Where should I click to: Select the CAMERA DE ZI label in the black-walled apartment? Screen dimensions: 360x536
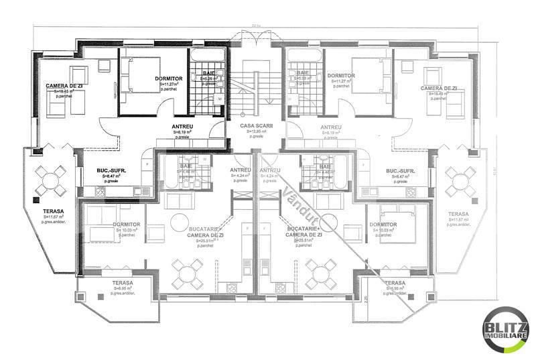pos(65,86)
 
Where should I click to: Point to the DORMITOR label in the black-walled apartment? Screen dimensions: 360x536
pos(169,78)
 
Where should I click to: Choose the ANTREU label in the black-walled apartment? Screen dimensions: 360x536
pos(182,126)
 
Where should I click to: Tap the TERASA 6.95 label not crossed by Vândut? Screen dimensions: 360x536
pos(123,283)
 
